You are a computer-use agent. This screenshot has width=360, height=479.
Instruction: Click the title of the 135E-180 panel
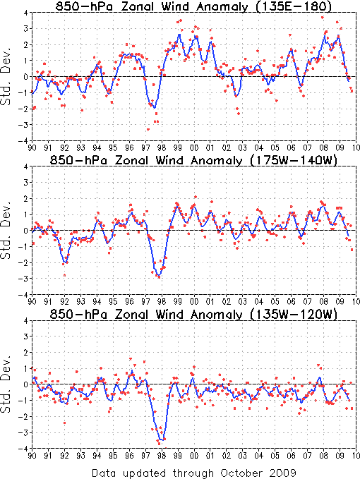[193, 6]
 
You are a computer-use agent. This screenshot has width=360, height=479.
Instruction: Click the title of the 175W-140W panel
[193, 160]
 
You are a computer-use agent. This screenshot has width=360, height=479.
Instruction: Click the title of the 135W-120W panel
[193, 314]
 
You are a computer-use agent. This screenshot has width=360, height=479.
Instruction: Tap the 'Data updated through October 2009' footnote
[193, 473]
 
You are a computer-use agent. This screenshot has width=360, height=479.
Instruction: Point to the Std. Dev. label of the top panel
[6, 76]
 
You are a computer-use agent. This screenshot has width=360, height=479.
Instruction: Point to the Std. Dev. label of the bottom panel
[6, 384]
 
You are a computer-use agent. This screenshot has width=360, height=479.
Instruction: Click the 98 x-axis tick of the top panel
[162, 148]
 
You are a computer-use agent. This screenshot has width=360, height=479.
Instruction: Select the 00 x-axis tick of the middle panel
[193, 302]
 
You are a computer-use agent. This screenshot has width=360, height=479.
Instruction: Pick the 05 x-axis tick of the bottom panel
[275, 456]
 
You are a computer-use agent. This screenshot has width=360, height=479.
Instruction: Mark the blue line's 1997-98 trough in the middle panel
[158, 276]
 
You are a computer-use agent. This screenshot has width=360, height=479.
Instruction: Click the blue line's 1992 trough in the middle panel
[66, 262]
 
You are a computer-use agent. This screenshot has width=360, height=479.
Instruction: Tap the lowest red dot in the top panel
[148, 130]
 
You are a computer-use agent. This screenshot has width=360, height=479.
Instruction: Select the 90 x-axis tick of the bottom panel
[32, 456]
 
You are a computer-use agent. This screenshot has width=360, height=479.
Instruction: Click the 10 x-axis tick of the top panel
[356, 148]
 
